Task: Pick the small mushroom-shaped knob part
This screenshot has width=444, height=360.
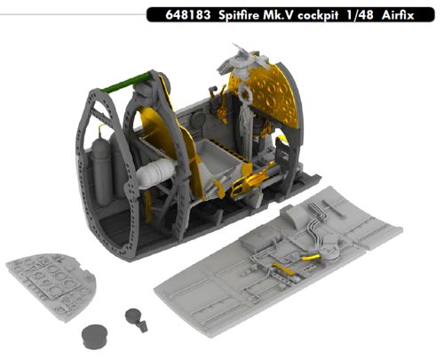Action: point(135,316)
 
